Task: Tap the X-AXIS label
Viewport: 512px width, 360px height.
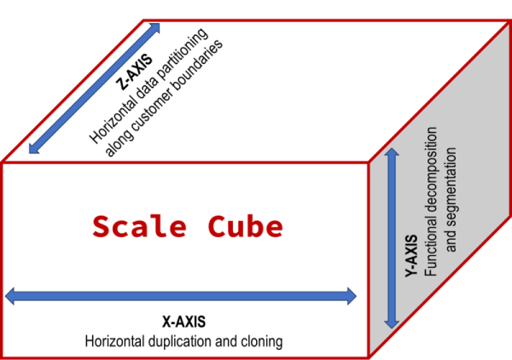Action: coord(183,322)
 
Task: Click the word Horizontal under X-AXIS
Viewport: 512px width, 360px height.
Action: coord(114,341)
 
